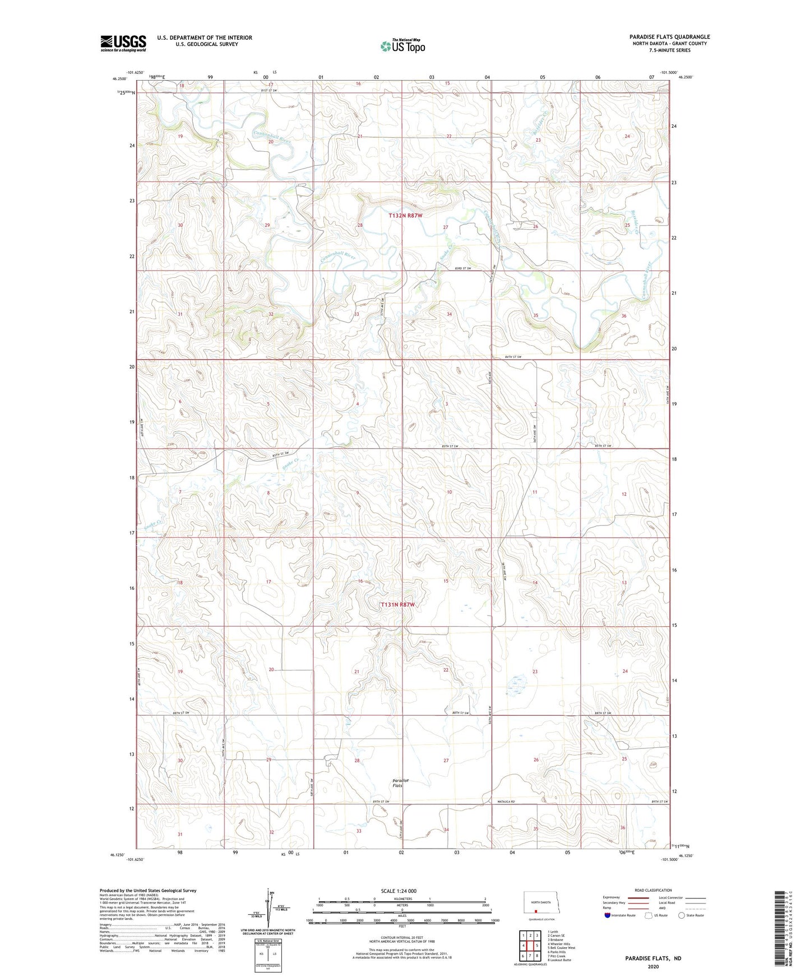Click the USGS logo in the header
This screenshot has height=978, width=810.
click(123, 43)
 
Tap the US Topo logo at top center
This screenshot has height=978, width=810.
click(402, 46)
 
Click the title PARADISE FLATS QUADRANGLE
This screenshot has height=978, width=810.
click(669, 37)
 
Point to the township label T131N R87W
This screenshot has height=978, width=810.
click(397, 605)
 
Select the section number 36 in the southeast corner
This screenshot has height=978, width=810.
click(622, 828)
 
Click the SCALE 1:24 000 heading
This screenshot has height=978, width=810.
click(399, 891)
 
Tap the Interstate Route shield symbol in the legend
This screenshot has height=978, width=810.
click(608, 915)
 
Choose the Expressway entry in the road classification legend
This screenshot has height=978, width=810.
click(612, 897)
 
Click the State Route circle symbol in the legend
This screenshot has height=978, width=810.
click(682, 915)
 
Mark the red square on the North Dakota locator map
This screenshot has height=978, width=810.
click(535, 911)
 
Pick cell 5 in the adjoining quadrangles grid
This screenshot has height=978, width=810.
click(537, 946)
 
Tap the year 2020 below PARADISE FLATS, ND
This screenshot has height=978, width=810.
click(653, 966)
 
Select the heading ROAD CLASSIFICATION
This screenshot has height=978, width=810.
click(653, 890)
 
